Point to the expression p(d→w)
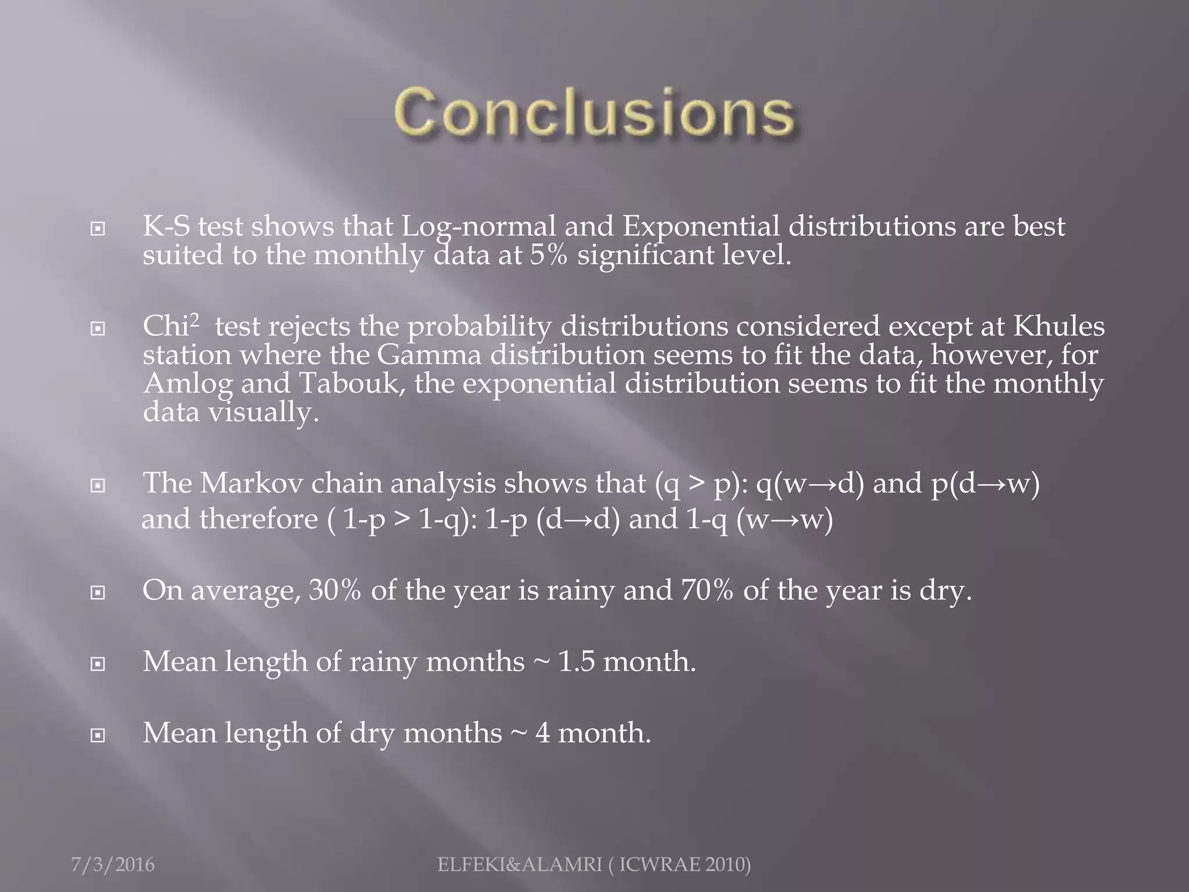(x=985, y=483)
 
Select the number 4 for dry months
(x=542, y=733)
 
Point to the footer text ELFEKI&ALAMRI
(x=520, y=865)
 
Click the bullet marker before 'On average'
(x=98, y=593)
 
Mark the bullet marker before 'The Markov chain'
(x=98, y=485)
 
